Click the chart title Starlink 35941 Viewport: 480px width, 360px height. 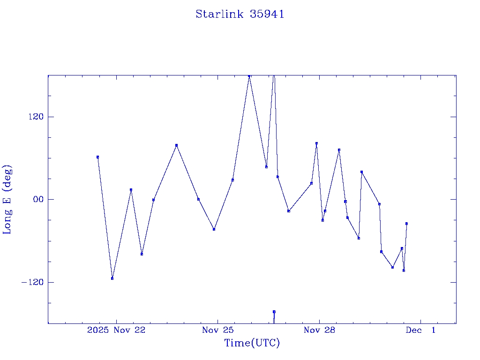[x=240, y=14]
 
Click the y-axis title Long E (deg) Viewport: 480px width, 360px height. [x=7, y=199]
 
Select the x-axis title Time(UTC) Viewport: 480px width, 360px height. [x=252, y=343]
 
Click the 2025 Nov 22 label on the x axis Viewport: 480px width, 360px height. [x=116, y=330]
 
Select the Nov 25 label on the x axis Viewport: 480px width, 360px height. [x=217, y=330]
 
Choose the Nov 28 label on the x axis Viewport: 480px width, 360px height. [x=319, y=330]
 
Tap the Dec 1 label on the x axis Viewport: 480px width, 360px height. [x=420, y=330]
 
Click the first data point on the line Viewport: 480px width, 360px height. [x=97, y=157]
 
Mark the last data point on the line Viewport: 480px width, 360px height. [x=406, y=224]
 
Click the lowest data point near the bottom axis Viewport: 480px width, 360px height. [x=274, y=312]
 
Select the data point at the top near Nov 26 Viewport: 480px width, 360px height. [x=249, y=75]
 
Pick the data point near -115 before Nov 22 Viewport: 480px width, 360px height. [x=112, y=278]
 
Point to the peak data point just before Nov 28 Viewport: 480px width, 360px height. [x=316, y=143]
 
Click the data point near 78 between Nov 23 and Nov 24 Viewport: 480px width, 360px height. [x=176, y=145]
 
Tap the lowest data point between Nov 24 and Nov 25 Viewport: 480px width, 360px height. [x=214, y=229]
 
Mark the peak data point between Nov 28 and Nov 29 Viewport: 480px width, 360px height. [x=339, y=150]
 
